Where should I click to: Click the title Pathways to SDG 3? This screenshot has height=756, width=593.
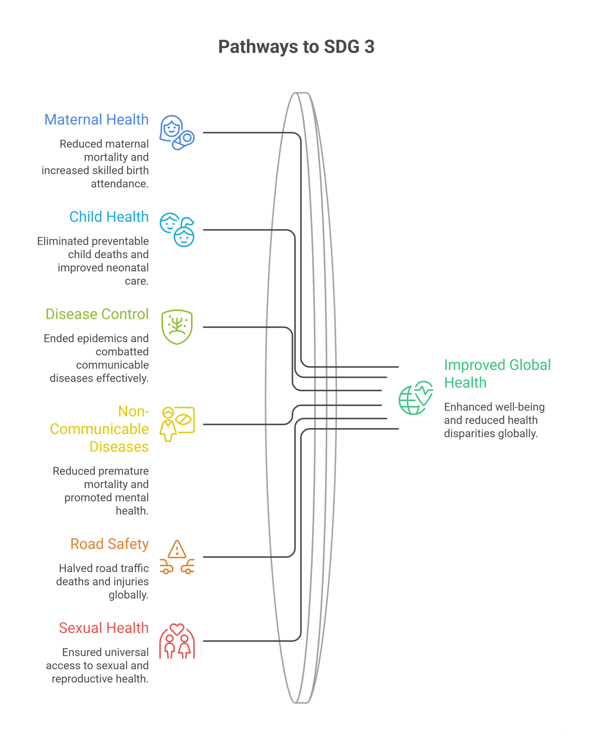click(296, 47)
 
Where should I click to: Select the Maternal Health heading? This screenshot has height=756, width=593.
click(96, 120)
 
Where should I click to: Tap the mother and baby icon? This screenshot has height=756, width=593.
click(177, 133)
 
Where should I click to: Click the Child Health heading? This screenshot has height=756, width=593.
click(109, 217)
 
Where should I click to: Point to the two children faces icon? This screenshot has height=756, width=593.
click(177, 230)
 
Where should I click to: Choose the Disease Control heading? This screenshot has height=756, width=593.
click(97, 314)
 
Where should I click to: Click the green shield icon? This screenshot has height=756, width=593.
click(177, 327)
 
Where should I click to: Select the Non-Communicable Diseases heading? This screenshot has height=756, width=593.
click(99, 429)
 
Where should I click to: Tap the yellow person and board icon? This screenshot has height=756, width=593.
click(177, 424)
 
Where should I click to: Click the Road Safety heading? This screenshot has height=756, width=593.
click(110, 544)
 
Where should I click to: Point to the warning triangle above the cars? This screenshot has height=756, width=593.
click(177, 549)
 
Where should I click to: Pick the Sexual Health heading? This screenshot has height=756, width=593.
click(104, 628)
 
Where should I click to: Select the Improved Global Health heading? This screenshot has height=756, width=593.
click(497, 374)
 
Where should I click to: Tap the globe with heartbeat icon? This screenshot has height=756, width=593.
click(416, 398)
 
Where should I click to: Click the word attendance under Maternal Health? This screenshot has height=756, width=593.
click(120, 184)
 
